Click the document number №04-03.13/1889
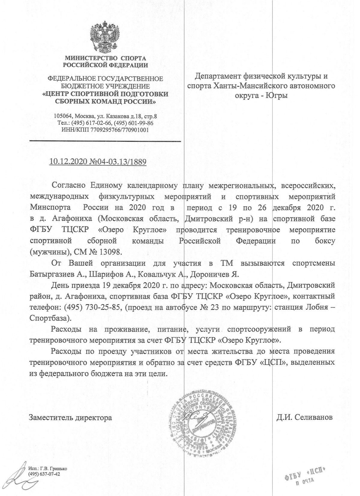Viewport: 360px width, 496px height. click(118, 162)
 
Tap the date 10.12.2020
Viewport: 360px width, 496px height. click(69, 162)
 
